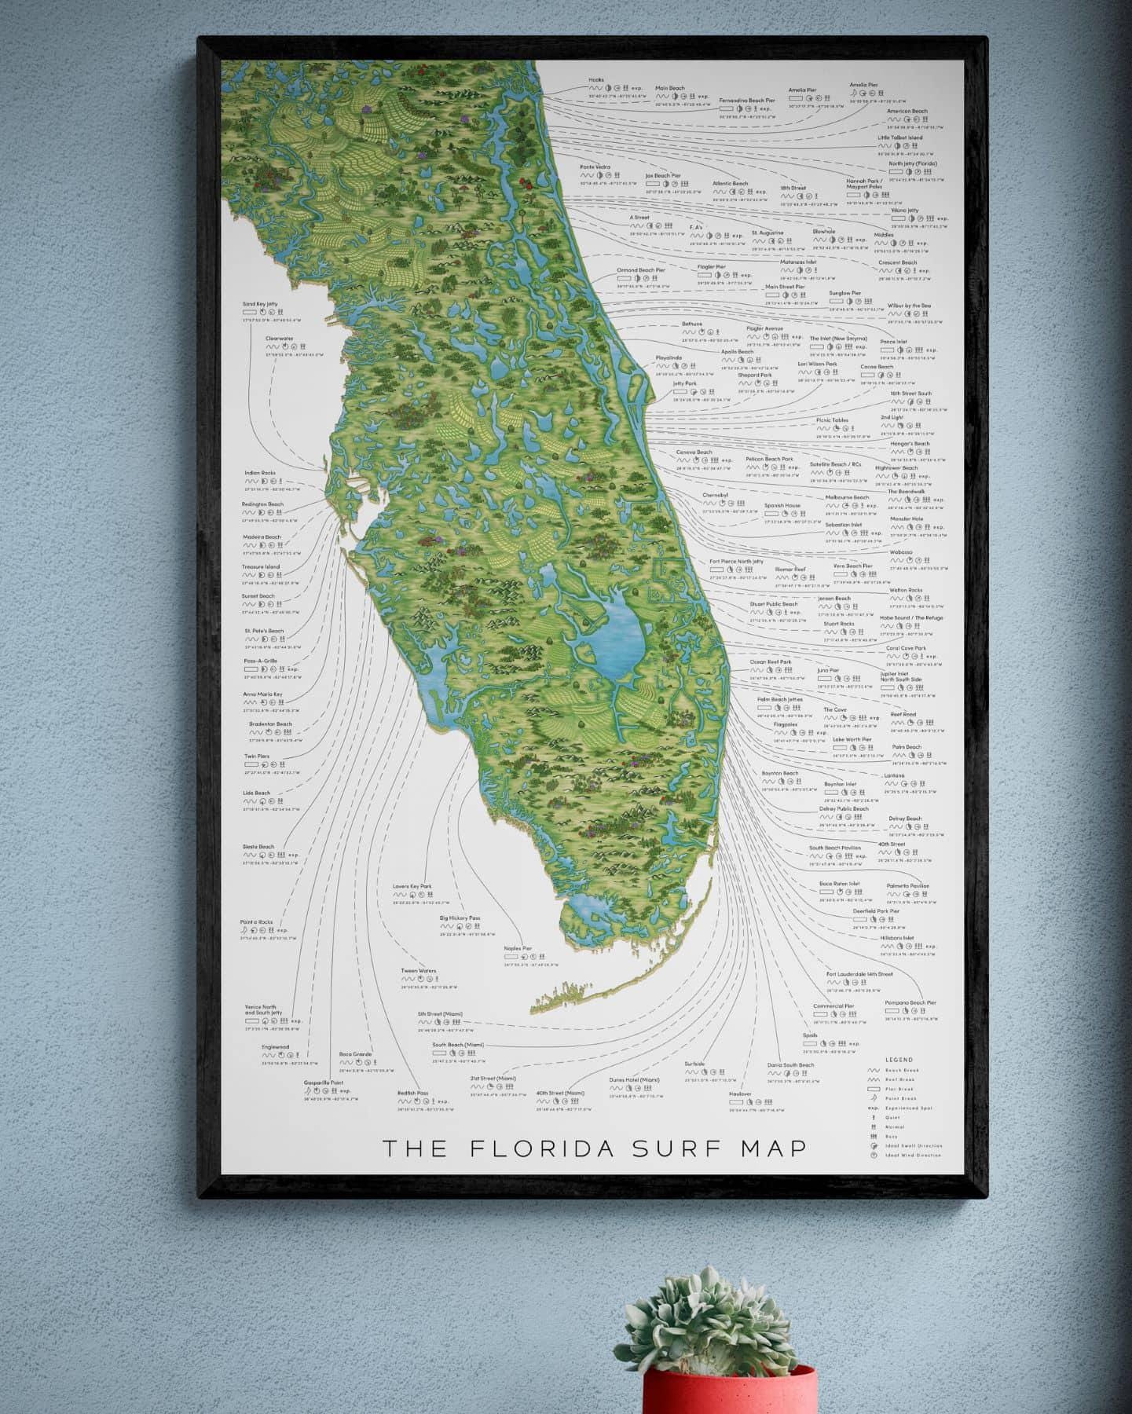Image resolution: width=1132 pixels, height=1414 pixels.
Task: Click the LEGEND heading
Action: [898, 1060]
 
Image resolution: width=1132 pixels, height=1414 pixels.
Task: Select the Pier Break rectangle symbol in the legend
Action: [873, 1090]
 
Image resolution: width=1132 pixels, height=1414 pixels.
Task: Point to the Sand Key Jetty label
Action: [260, 304]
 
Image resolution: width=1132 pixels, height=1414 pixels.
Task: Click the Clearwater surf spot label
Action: [279, 339]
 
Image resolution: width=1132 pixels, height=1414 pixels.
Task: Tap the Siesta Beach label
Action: [258, 847]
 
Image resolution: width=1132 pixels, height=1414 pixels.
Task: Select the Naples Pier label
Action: [518, 948]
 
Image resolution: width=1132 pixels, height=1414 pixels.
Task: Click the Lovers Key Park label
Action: [412, 886]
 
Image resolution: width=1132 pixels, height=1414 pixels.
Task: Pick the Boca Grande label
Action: [355, 1054]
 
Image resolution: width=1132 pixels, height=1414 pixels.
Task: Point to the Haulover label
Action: [740, 1093]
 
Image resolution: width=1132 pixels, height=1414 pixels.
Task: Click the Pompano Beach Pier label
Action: [910, 1002]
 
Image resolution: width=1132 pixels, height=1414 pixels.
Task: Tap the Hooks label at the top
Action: [595, 80]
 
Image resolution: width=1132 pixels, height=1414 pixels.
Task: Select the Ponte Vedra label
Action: [595, 167]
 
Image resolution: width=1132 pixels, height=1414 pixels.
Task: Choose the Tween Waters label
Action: [418, 971]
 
